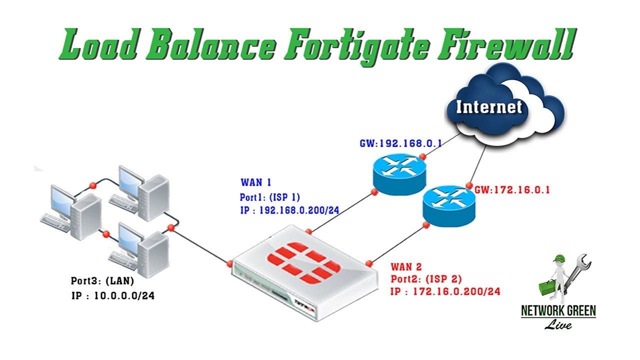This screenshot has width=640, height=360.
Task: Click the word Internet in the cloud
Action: [x=488, y=106]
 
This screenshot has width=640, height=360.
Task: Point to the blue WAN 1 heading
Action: [x=256, y=182]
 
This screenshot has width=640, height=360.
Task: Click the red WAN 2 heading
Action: [x=407, y=267]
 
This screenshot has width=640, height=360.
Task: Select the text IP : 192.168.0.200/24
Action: [x=289, y=210]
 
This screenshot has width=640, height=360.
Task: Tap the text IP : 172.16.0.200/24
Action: [x=445, y=291]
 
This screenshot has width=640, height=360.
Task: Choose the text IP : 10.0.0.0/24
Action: [x=113, y=296]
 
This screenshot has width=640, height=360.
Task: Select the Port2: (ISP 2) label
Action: [x=426, y=279]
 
